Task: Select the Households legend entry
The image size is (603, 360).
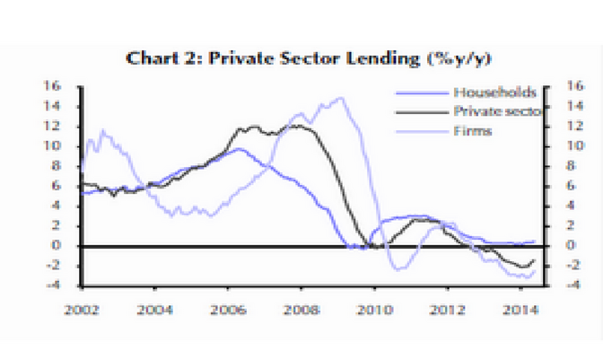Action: click(x=494, y=92)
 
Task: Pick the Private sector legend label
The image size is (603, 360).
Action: click(x=498, y=111)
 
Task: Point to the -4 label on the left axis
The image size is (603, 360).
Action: click(x=60, y=285)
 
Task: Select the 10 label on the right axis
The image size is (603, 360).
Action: click(x=556, y=146)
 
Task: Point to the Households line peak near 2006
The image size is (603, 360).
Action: click(x=235, y=149)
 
